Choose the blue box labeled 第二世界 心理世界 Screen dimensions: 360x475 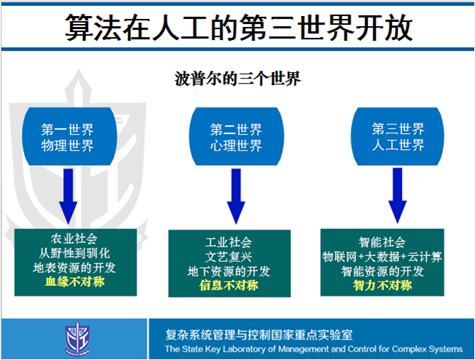click(236, 137)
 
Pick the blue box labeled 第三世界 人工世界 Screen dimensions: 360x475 click(398, 137)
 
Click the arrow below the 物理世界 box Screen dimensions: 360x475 click(67, 194)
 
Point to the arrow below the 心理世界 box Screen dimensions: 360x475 click(236, 194)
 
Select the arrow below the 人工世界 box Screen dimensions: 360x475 click(398, 194)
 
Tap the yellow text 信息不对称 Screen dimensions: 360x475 click(228, 285)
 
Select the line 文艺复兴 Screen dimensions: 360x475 click(228, 257)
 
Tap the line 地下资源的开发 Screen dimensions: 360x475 click(228, 271)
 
